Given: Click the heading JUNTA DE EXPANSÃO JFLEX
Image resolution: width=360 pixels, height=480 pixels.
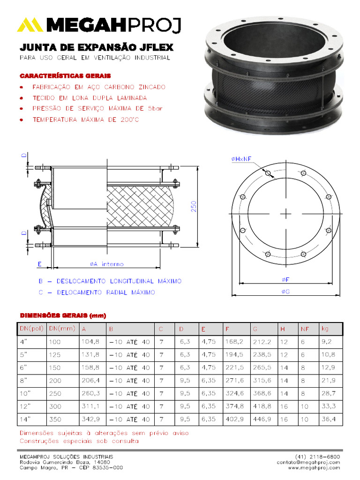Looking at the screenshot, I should click(96, 48).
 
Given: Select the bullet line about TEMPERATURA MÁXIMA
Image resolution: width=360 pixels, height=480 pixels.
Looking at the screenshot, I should click(85, 120).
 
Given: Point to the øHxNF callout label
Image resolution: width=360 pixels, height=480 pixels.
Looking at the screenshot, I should click(241, 159).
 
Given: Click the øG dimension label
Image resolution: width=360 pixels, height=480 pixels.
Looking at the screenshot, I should click(285, 292).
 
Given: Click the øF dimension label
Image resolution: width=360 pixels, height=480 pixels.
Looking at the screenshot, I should click(285, 279).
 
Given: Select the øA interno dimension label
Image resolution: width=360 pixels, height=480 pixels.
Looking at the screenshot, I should click(106, 264).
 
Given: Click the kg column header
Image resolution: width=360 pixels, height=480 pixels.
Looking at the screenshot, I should click(325, 329).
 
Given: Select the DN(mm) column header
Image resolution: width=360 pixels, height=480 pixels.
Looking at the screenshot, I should click(62, 329).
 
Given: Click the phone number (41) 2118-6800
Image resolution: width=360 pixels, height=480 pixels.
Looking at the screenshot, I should click(318, 456).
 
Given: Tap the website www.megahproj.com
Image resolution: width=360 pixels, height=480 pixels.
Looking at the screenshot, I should click(314, 467).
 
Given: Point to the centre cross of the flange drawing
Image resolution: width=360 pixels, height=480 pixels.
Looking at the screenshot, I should click(285, 214).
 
